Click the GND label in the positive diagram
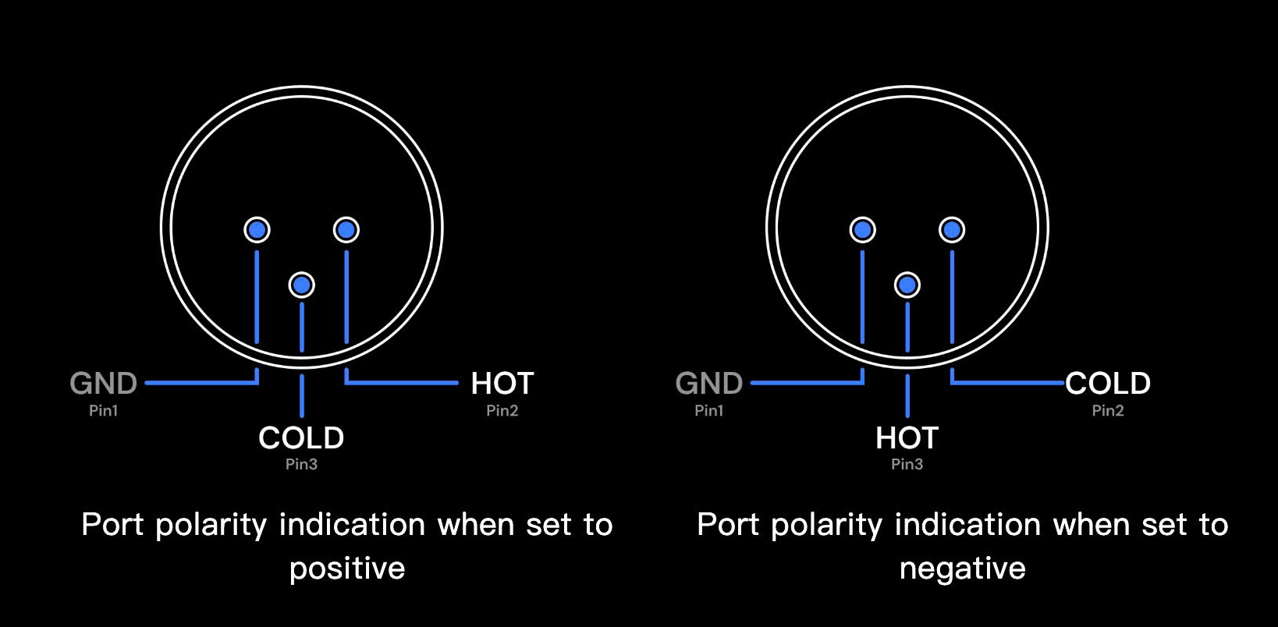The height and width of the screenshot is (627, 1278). (103, 384)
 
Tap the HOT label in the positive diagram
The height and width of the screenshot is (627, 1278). (502, 384)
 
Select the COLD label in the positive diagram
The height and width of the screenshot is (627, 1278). (301, 438)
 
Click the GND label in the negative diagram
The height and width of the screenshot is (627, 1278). (708, 384)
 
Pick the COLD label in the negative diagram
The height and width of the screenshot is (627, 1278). (1108, 384)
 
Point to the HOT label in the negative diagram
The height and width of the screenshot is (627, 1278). (907, 438)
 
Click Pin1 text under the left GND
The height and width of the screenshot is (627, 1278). (103, 410)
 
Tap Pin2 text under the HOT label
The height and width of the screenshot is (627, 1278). (502, 410)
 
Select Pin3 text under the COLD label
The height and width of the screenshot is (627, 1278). (301, 464)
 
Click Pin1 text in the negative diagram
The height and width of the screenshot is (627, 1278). (708, 410)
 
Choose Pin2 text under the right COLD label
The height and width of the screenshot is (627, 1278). (1108, 410)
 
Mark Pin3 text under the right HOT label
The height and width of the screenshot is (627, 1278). (907, 464)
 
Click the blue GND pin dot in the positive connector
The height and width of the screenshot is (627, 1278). (257, 230)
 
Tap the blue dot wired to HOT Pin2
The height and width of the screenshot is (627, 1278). (346, 230)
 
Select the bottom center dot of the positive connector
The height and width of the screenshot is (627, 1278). (302, 285)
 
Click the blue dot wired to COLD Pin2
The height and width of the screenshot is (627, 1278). (952, 230)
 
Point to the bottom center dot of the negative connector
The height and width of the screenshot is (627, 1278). (907, 285)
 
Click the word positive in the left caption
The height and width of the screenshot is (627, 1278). (347, 569)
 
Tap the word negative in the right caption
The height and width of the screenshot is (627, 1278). (962, 569)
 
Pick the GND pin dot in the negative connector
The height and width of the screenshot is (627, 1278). (862, 230)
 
